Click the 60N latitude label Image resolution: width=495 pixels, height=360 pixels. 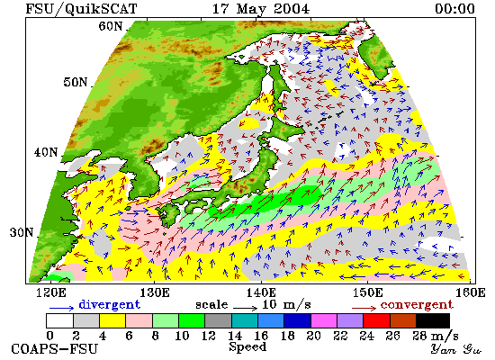click(111, 26)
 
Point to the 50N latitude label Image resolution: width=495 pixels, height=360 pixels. click(75, 82)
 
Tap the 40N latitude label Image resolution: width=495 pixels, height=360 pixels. click(46, 152)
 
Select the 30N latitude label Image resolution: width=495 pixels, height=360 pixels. click(22, 233)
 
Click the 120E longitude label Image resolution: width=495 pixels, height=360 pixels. click(51, 292)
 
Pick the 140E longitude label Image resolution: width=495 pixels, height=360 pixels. click(261, 292)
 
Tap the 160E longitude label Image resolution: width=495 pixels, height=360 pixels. click(471, 292)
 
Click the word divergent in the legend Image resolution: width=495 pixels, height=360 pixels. click(109, 304)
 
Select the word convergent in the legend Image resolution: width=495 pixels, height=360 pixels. click(417, 305)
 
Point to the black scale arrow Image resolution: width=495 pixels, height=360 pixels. click(246, 308)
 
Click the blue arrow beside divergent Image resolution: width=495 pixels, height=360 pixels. click(61, 308)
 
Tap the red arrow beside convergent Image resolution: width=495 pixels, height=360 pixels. click(364, 308)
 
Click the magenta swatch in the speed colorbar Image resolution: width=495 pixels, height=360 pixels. click(324, 320)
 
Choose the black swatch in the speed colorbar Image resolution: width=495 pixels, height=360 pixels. click(433, 320)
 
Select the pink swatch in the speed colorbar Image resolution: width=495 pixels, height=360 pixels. click(139, 320)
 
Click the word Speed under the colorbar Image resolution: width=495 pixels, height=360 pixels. click(247, 347)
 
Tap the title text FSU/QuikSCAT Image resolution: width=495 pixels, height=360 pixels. click(81, 8)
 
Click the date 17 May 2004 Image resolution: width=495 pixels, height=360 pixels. click(261, 8)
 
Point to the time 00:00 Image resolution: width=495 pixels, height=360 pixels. click(454, 8)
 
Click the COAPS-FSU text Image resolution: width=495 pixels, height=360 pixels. click(55, 349)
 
